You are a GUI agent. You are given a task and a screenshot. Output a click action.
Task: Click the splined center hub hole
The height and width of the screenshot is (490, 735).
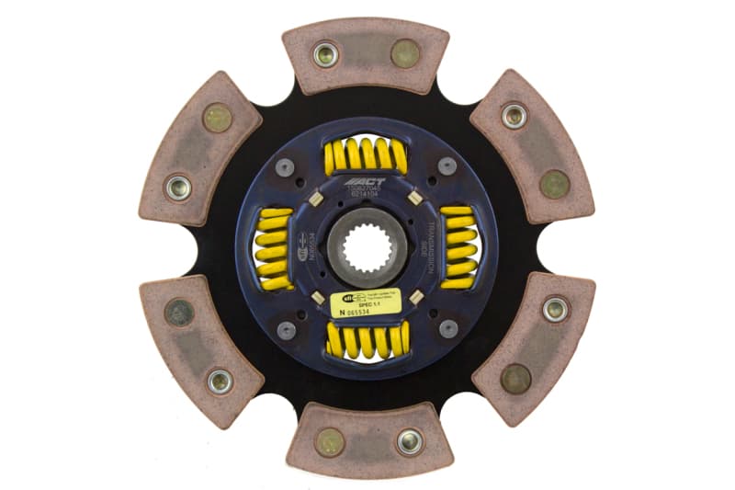pos(366,247)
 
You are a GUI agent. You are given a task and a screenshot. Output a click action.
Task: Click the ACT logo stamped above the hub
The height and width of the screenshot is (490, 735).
pos(365,183)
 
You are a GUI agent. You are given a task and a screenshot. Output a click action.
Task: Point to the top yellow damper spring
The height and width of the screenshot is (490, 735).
pos(366,155)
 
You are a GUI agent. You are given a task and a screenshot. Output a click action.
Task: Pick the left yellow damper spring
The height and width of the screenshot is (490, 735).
pos(273,247)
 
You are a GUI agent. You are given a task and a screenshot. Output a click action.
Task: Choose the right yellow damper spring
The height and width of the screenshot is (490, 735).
pos(458,247)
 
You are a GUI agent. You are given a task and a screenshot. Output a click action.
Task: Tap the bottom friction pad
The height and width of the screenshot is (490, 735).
pos(367,440)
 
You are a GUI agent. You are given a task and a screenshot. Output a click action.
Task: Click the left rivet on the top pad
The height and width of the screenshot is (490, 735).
pos(326,53)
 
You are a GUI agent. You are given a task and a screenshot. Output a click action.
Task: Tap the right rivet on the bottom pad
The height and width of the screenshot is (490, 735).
pos(409,442)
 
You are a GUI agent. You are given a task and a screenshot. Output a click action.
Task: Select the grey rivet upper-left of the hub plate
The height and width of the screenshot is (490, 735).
pos(285,166)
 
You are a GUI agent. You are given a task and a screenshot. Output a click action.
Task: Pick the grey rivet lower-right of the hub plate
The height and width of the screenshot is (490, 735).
pos(447,328)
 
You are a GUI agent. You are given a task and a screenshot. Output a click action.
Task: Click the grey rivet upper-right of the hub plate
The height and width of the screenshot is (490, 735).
pos(447,166)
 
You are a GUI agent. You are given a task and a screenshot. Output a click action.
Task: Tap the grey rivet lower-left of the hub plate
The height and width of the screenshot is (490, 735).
pos(285,328)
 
